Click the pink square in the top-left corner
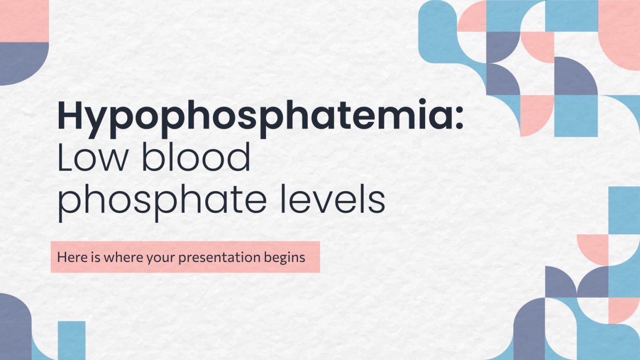click(24, 21)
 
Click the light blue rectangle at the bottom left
click(72, 340)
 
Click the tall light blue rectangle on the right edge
click(624, 210)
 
